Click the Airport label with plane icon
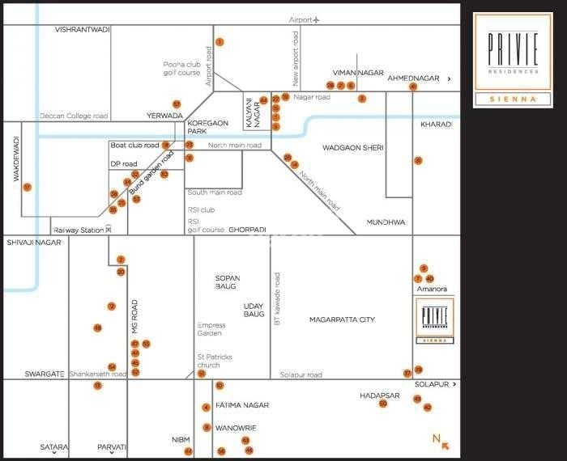(305, 19)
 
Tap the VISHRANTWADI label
(81, 29)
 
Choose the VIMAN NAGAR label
(357, 73)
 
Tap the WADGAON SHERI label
(352, 148)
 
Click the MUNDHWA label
(385, 222)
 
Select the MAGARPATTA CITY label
(342, 320)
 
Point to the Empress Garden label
(210, 329)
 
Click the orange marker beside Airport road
(219, 41)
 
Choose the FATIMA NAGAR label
(242, 405)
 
